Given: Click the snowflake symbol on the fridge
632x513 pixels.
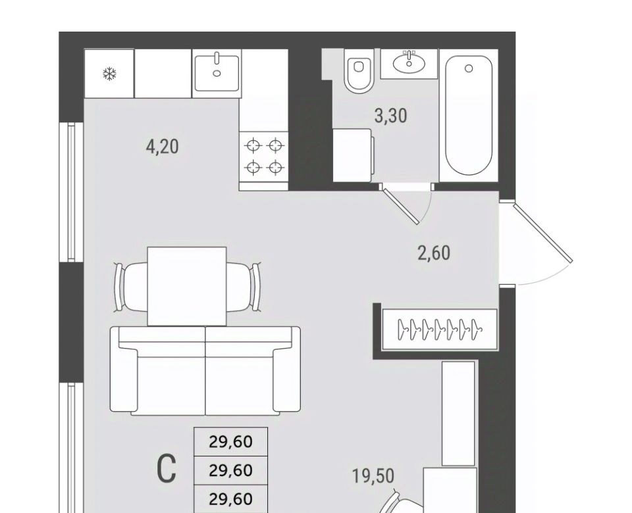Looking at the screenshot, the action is point(110,74).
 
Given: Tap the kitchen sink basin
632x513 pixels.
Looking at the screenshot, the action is point(217,73).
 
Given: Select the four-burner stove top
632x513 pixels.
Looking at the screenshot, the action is point(263,157).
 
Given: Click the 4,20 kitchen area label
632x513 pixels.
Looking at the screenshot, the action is point(163,146).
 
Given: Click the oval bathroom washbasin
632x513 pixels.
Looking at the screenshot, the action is point(409,63).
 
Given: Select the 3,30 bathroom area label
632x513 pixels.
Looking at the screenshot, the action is point(390,116).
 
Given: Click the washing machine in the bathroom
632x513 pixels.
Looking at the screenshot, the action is point(353,155).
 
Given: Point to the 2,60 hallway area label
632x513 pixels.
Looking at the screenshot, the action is point(434,253).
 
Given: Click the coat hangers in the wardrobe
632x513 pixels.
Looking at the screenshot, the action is point(439,330).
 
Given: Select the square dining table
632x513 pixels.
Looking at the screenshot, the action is point(186,286).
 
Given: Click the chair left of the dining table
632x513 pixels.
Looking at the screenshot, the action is point(131,287).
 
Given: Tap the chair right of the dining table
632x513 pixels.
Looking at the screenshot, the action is point(243,287).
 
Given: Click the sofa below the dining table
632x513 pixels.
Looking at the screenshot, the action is point(205,370).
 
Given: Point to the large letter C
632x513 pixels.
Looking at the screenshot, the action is point(167,468).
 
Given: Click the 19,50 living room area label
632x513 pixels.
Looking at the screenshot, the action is point(373,476).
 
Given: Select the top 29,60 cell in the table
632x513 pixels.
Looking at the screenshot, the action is point(231,442).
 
